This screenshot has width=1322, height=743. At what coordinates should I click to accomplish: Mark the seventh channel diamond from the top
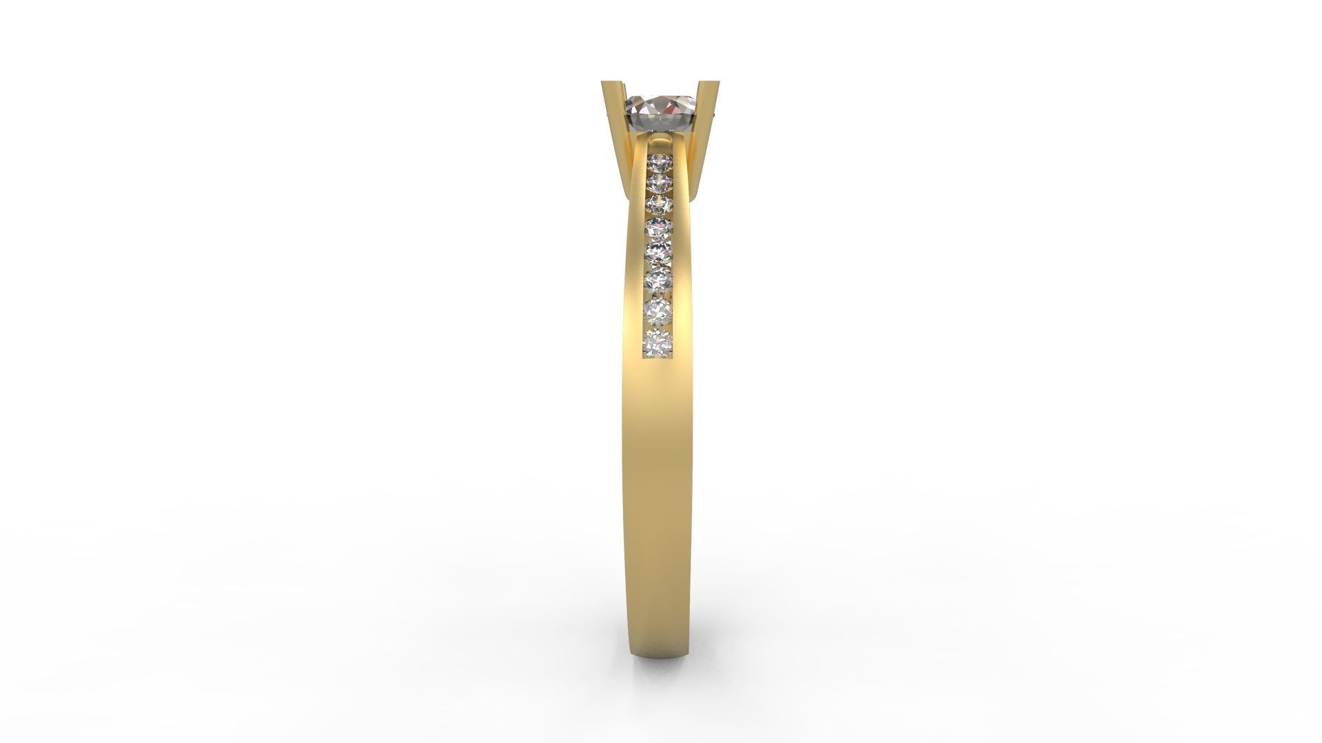[x=659, y=308]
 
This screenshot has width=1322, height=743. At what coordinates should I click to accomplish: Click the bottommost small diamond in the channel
[x=658, y=341]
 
